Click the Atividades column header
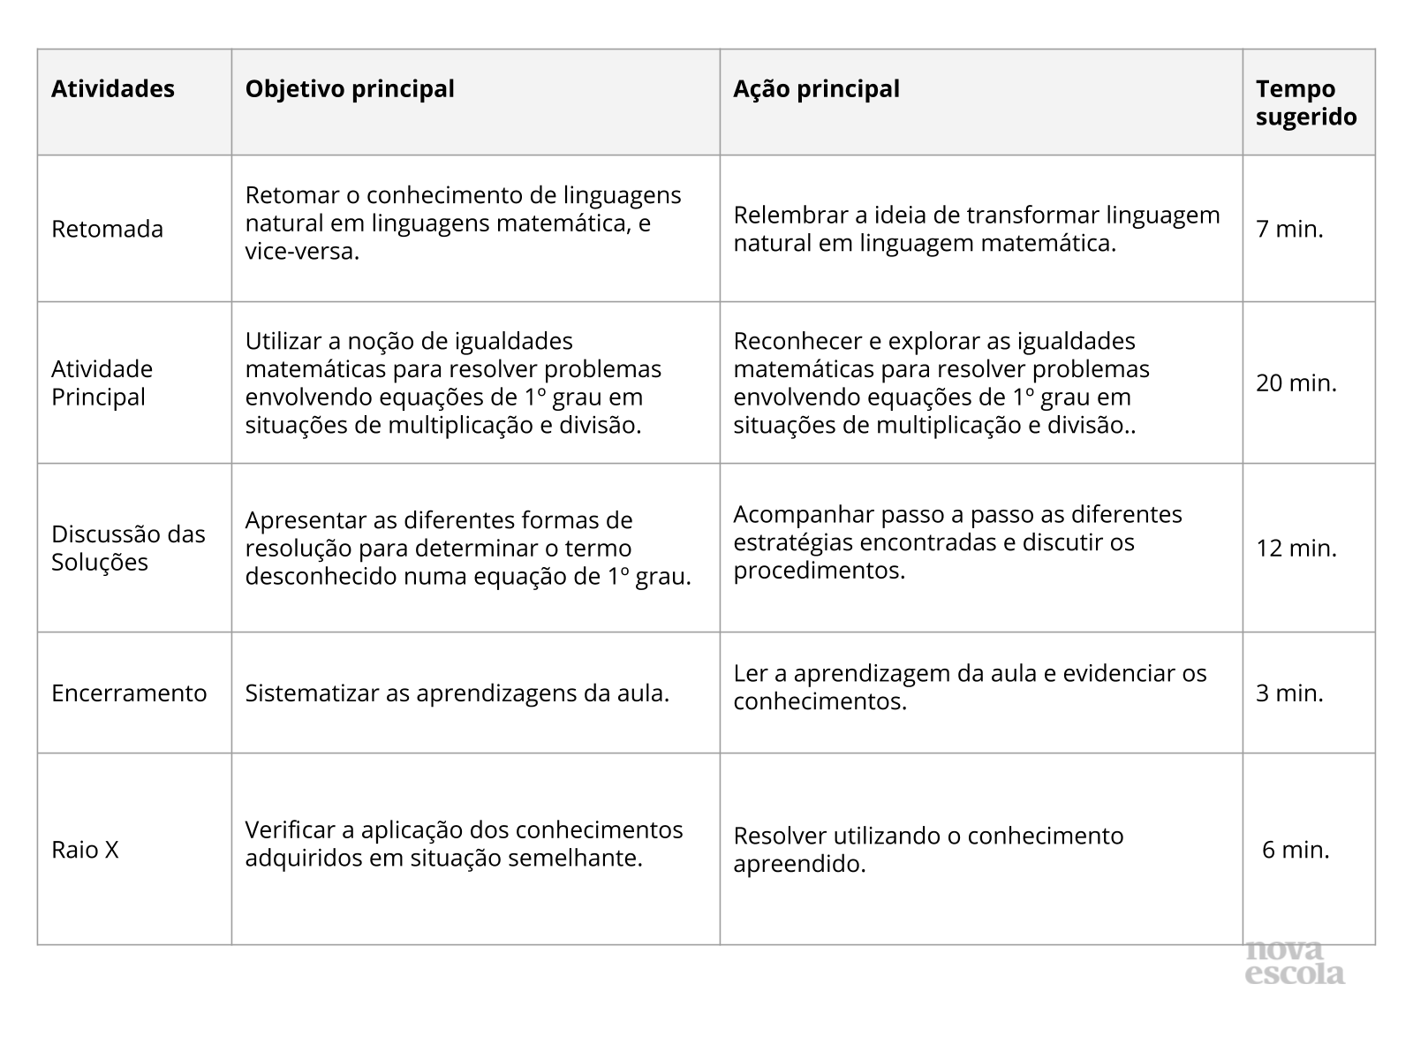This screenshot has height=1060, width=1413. point(113,89)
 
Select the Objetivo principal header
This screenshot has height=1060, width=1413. point(350,89)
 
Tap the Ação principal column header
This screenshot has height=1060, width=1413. point(816,89)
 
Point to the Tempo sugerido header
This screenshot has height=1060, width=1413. point(1306,102)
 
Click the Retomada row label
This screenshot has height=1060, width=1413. point(107,229)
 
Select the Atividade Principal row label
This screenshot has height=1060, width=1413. point(102,382)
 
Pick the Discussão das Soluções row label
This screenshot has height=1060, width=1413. point(128,548)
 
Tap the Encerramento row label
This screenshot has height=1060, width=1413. point(129,693)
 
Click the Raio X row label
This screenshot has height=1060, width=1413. point(85,850)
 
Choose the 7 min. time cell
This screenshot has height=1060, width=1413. point(1289,229)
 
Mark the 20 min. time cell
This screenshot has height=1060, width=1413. point(1296,382)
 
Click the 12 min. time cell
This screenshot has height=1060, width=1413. point(1296,548)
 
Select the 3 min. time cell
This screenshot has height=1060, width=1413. point(1289,693)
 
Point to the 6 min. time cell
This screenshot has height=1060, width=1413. point(1296,850)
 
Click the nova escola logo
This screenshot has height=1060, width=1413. point(1295,963)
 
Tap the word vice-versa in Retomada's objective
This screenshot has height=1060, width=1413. point(302,252)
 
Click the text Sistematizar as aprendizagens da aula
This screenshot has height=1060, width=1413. point(457,693)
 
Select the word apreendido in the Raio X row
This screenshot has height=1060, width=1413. point(798,864)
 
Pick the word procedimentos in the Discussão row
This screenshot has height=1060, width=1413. point(819,571)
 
